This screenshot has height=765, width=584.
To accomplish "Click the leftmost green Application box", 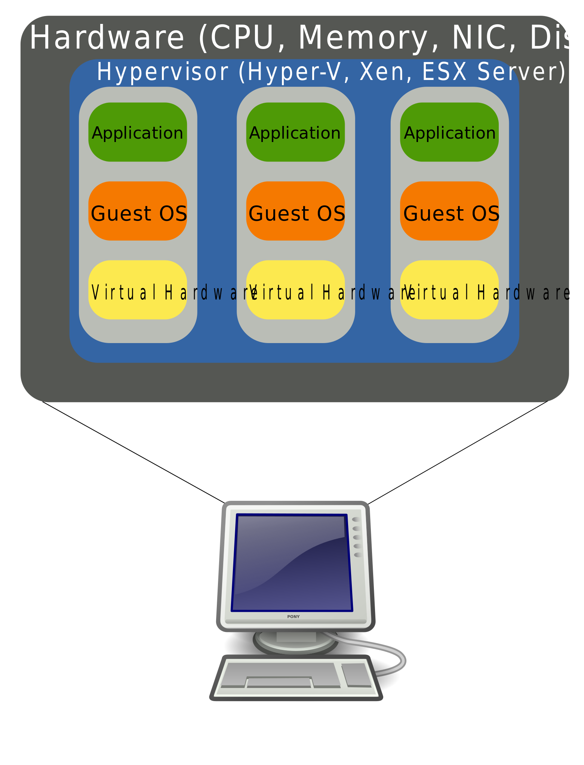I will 138,132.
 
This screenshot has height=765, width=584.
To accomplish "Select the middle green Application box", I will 295,132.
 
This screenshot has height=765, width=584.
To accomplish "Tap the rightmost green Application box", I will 449,132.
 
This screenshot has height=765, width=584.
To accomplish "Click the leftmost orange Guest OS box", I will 138,211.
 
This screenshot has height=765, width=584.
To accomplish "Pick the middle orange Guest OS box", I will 295,211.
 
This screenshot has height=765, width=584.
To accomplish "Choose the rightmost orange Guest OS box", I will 449,211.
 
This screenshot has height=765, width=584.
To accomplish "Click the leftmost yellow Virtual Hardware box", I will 138,290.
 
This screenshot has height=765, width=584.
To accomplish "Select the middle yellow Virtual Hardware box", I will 295,290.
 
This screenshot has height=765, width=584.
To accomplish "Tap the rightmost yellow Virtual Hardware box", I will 449,290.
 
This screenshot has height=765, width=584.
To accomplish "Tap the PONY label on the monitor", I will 293,617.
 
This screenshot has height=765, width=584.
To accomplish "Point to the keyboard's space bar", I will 279,682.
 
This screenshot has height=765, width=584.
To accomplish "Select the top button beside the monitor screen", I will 356,519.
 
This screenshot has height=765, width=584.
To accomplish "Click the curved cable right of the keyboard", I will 402,659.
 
